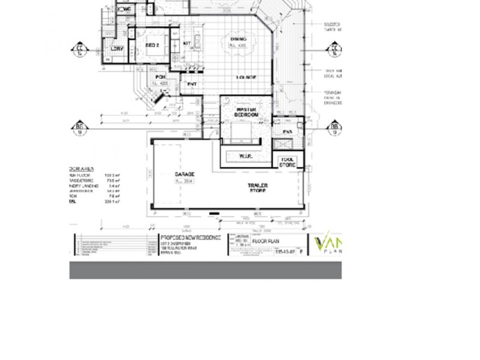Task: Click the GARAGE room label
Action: coord(184,174)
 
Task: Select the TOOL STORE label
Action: coord(287,162)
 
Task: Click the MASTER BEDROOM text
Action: coord(246,112)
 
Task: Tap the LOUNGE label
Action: coord(246,77)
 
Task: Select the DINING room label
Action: coord(238,40)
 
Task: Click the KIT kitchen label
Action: coord(187,43)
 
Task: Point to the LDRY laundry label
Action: coord(117,48)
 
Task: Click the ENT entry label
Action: coord(192,85)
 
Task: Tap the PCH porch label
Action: coord(160,77)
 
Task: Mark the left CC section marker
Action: coord(79,49)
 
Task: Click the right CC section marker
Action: coord(334,49)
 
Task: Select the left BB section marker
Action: coord(79,127)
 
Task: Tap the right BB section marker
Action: coord(334,127)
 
